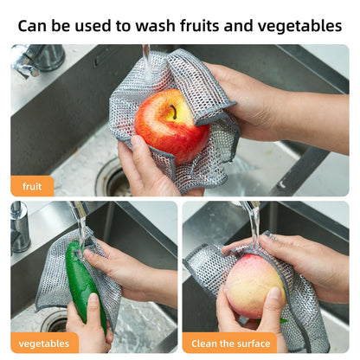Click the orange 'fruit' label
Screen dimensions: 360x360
click(x=32, y=186)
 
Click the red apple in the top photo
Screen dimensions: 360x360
click(x=171, y=126)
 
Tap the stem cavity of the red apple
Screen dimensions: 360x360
click(x=170, y=112)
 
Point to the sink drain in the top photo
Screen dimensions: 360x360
click(x=112, y=177)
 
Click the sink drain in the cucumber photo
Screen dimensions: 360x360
click(x=55, y=323)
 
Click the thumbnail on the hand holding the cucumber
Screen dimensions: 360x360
click(x=93, y=299)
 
